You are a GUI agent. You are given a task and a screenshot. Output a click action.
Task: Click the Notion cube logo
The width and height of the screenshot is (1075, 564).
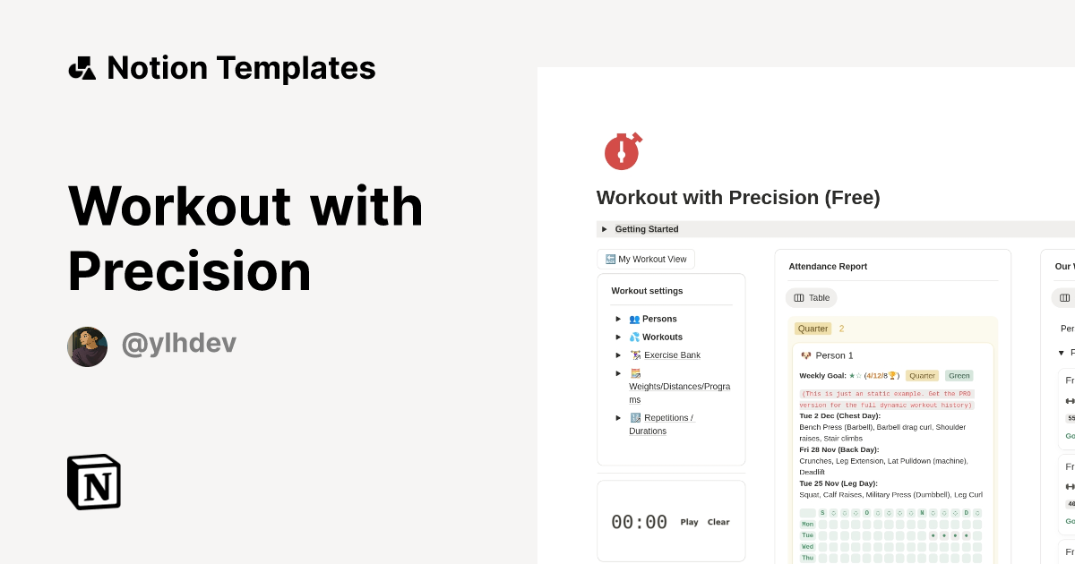click(94, 482)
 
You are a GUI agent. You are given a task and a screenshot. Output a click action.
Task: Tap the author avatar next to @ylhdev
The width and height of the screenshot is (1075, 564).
click(87, 346)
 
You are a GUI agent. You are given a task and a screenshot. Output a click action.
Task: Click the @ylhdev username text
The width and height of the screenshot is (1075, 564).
click(178, 344)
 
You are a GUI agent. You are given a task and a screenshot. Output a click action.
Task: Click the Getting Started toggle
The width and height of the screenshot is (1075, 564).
click(646, 229)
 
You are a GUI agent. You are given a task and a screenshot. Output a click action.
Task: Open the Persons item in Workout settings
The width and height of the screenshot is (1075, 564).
click(658, 319)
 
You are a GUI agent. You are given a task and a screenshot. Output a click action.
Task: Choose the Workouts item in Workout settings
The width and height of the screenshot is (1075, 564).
click(661, 338)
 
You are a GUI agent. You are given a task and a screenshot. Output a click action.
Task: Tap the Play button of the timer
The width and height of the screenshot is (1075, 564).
click(689, 522)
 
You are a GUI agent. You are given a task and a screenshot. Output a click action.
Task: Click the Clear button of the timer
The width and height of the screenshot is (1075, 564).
click(718, 522)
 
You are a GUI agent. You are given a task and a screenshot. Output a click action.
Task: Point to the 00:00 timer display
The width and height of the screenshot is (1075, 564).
click(639, 522)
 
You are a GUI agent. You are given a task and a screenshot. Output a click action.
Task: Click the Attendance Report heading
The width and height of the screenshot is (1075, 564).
click(828, 267)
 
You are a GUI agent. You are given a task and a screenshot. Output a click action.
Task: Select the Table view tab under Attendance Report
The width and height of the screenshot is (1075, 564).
click(812, 298)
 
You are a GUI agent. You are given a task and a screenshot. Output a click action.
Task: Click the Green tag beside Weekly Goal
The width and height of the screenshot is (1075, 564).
click(959, 376)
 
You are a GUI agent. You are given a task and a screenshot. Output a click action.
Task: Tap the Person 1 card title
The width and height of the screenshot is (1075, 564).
click(834, 355)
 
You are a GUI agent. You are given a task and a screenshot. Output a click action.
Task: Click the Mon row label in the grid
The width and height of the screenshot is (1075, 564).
click(807, 525)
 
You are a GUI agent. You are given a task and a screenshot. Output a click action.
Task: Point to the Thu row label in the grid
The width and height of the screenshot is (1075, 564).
click(807, 558)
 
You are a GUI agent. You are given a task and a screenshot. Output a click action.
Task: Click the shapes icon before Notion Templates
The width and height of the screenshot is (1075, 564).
click(82, 68)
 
